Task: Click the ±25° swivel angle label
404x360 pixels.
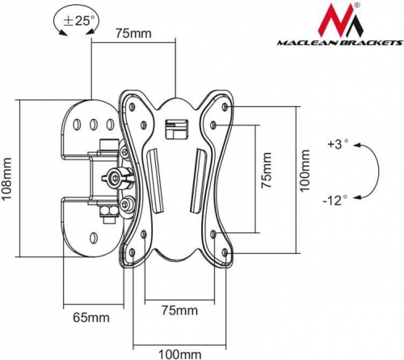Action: click(78, 20)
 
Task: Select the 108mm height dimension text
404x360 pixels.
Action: click(6, 179)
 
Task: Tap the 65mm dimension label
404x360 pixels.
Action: click(91, 318)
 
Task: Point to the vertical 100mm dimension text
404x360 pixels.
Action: click(305, 171)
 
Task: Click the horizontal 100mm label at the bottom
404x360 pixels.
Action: click(179, 354)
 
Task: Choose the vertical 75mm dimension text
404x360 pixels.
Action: click(267, 171)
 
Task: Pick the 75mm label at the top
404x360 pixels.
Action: click(133, 33)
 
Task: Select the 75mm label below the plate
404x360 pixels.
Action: click(179, 311)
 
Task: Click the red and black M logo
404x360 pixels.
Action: click(340, 20)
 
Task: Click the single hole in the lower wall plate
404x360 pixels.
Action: click(93, 237)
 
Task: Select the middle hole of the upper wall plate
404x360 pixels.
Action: click(94, 125)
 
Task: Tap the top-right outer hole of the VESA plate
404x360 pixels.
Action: click(225, 107)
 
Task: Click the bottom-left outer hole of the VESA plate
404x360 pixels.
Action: click(133, 252)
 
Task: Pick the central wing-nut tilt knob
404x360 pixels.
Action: click(116, 178)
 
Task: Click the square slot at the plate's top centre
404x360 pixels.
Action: click(176, 129)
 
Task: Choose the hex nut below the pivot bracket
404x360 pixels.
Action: click(108, 211)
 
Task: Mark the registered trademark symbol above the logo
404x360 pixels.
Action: click(356, 5)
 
